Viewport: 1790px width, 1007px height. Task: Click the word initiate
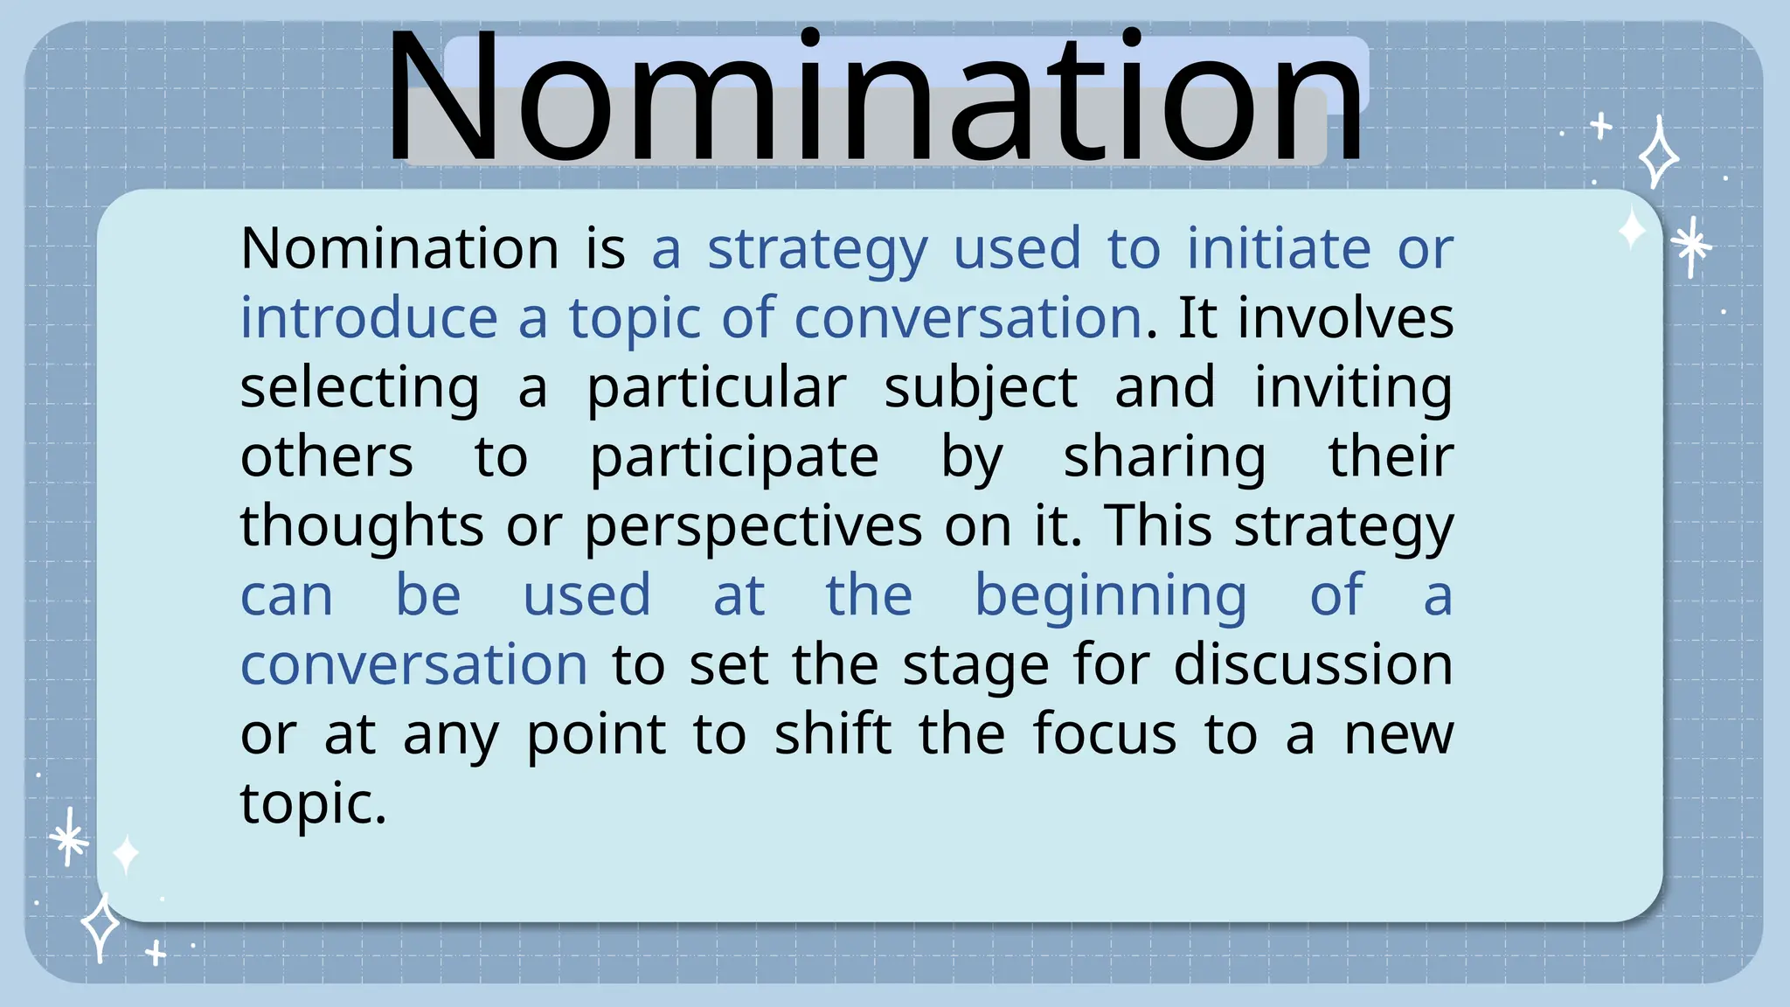tap(1279, 248)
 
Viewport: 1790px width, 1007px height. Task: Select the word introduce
tap(369, 317)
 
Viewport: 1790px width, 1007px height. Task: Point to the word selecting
tap(359, 389)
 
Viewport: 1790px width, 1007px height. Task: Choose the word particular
tap(716, 389)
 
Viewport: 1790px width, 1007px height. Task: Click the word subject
tap(981, 389)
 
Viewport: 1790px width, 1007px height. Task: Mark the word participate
tap(734, 458)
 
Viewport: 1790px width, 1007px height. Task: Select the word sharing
tap(1164, 458)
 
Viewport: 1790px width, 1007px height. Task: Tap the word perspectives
tap(753, 528)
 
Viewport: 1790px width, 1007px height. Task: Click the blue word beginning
tap(1110, 597)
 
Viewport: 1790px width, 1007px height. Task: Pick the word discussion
tap(1313, 665)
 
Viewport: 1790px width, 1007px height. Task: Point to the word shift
tap(833, 734)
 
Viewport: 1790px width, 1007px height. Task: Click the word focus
tap(1105, 734)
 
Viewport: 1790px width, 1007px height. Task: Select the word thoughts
tap(362, 527)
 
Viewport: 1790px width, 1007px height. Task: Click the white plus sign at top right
tap(1601, 127)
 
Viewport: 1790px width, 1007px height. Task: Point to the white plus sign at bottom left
tap(156, 953)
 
